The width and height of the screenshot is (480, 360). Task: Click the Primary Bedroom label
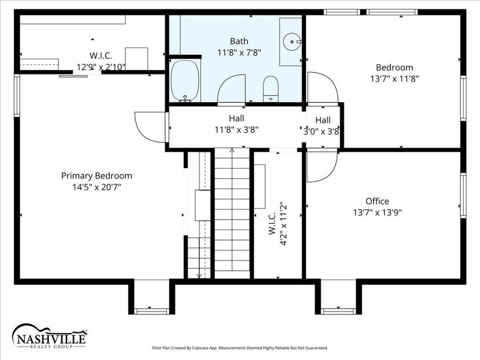point(97,175)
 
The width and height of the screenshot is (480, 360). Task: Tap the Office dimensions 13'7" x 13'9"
point(377,212)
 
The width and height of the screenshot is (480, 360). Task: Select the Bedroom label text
point(394,67)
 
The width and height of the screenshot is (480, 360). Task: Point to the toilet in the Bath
point(271,87)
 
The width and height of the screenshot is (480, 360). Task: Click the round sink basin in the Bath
point(291,40)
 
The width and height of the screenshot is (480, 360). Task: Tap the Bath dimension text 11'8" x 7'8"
point(239,52)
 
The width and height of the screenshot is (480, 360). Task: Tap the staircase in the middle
point(232,213)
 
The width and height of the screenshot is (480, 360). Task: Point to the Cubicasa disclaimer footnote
point(240,348)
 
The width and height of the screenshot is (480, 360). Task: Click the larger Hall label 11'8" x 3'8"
point(236,124)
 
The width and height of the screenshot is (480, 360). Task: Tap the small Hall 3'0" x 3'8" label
point(322,125)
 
